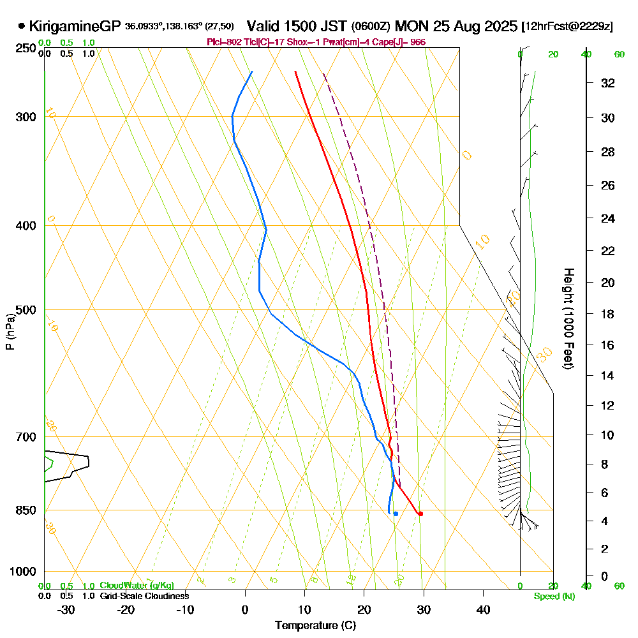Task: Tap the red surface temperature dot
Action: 420,514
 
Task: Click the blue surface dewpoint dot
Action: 396,514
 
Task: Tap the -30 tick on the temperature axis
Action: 66,609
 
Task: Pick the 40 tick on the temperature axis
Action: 483,609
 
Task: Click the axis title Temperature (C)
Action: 315,625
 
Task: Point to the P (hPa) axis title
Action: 10,332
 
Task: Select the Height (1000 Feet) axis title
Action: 567,318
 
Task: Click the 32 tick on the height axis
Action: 607,83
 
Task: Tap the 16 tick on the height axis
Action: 607,345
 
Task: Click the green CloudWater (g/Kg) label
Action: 137,586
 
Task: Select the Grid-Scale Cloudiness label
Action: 144,596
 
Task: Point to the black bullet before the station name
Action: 22,26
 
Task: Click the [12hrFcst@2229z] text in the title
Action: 567,27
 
